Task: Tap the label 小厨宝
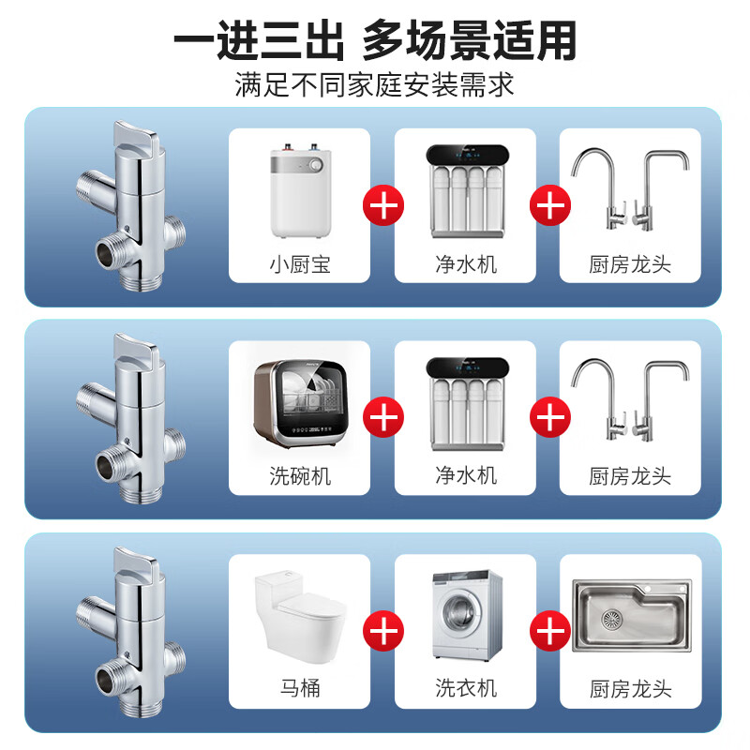tap(300, 264)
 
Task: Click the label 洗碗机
tap(300, 476)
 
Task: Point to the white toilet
tap(300, 616)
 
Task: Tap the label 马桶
tap(300, 688)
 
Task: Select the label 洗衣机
tap(466, 688)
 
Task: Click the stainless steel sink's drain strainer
tap(612, 620)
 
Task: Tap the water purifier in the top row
tap(467, 191)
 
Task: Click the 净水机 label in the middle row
tap(466, 475)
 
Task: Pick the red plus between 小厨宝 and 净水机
tap(383, 205)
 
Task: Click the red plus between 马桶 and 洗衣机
tap(383, 630)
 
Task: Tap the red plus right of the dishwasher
tap(383, 416)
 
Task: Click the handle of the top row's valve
tap(135, 135)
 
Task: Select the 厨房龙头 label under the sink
tap(630, 689)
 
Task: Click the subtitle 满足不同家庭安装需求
tap(374, 84)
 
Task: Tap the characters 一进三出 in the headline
tap(259, 40)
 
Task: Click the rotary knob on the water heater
tap(316, 166)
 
